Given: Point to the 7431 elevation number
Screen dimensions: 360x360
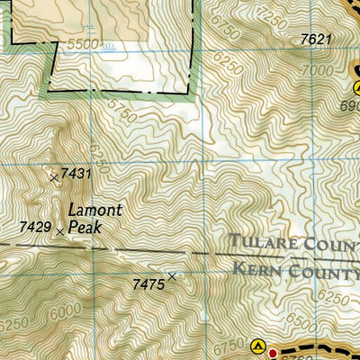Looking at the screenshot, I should pos(77,174).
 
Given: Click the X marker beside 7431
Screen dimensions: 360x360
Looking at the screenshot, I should pos(54,177).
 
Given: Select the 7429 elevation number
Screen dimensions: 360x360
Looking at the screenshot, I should pos(35,230).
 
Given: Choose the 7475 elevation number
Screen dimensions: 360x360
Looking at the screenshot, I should pos(148,284).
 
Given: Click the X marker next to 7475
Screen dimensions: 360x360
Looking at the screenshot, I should pos(172,277).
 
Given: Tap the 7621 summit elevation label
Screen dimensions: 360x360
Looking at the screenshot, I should pos(316,39).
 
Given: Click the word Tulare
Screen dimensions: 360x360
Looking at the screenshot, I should pos(261,241).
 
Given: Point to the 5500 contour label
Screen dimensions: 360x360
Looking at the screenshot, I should pos(82,43).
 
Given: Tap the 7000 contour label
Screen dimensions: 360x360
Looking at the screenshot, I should pos(320,71).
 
